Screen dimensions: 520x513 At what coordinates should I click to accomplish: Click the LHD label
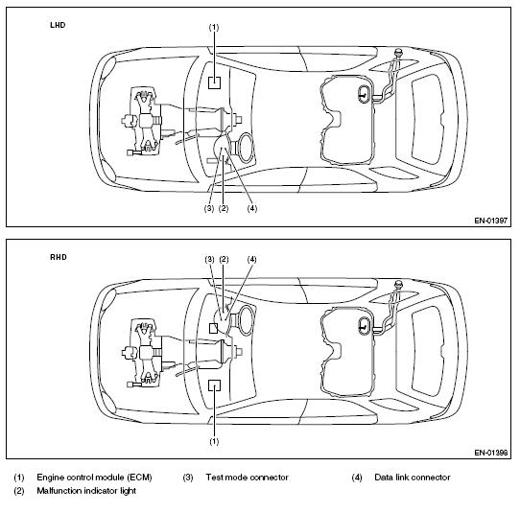point(58,25)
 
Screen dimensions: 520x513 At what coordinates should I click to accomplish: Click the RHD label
point(59,257)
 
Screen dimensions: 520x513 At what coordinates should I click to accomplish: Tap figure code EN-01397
point(491,221)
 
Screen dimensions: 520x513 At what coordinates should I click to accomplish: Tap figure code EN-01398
point(491,453)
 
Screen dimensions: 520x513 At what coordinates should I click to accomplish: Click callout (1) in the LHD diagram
point(214,27)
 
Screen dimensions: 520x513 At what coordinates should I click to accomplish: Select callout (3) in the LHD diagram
point(209,208)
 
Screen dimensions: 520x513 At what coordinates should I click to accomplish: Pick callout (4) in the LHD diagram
point(252,208)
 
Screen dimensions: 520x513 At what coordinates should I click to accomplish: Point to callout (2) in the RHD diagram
point(224,259)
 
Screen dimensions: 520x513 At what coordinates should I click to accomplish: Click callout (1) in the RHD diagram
point(214,441)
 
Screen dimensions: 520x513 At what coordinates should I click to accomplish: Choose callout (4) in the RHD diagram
point(252,259)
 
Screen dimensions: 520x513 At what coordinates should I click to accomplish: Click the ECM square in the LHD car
point(214,82)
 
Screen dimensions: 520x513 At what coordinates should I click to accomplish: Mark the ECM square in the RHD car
point(214,385)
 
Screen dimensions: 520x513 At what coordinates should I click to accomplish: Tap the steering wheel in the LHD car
point(246,148)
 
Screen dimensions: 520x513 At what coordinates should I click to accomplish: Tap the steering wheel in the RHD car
point(246,320)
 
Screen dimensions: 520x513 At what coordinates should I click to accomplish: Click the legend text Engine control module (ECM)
point(95,478)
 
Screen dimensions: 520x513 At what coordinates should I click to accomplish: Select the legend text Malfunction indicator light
point(86,491)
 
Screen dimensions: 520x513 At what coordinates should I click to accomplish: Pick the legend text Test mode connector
point(248,478)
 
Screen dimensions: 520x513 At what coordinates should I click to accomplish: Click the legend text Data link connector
point(413,478)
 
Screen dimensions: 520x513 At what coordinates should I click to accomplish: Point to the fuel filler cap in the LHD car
point(398,52)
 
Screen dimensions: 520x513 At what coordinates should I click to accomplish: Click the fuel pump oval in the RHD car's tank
point(365,324)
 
